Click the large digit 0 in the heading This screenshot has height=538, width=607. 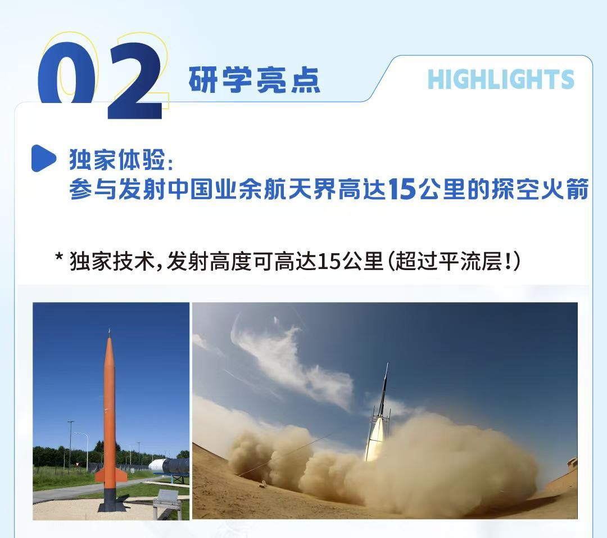tap(66, 74)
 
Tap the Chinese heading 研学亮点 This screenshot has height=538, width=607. tap(255, 80)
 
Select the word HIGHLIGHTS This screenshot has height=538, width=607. tap(501, 79)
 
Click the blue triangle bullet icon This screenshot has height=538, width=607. tap(43, 158)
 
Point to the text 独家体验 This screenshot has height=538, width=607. tap(117, 159)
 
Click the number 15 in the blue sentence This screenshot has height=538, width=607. tap(402, 190)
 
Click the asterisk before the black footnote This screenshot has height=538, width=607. tap(59, 257)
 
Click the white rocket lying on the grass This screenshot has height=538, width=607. tap(169, 467)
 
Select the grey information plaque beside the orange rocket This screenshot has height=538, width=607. tap(166, 499)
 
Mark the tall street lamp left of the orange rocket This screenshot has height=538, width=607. tap(70, 446)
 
